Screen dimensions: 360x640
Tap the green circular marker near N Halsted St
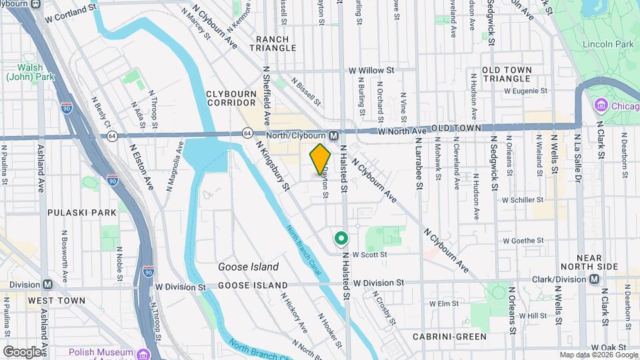341,238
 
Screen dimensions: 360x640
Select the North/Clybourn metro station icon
334,135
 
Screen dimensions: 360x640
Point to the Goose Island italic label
248,267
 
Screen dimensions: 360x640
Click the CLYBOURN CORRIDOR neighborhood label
231,98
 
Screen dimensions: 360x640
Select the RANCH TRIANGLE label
273,43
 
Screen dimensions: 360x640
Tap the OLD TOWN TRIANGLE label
507,74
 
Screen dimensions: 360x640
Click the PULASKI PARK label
82,212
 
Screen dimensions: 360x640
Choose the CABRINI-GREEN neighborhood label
449,337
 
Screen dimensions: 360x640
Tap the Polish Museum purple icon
143,352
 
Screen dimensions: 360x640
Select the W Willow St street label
371,69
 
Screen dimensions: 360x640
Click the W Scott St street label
371,255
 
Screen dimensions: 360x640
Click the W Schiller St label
524,200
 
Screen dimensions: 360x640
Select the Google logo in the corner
22,351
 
